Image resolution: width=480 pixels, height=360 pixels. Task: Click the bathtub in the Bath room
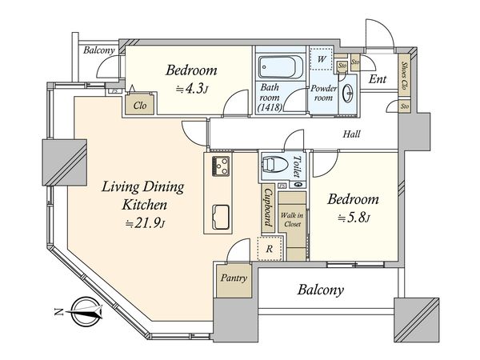click(x=281, y=67)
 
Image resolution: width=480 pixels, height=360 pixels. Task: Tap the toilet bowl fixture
click(x=274, y=164)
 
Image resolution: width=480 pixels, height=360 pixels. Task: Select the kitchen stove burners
click(x=221, y=166)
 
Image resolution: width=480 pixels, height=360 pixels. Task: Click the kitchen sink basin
click(x=221, y=217)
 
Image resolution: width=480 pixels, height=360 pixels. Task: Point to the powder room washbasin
click(x=348, y=93)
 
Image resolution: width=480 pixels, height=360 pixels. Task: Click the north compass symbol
click(x=83, y=312)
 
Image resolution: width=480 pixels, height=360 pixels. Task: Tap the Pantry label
click(x=234, y=278)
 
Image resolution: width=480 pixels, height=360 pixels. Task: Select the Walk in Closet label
click(x=292, y=219)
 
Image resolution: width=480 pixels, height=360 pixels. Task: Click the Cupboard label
click(x=269, y=207)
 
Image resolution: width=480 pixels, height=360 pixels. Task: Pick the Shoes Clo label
click(x=404, y=74)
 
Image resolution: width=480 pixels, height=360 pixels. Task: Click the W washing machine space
click(x=321, y=58)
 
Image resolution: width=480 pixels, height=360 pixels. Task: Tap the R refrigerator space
click(x=270, y=249)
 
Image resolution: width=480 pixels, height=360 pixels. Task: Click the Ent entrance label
click(x=378, y=79)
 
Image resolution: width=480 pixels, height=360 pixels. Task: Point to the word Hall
click(x=351, y=134)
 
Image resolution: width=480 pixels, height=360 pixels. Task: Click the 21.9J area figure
click(x=146, y=224)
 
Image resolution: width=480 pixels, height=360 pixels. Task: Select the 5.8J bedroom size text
click(x=354, y=218)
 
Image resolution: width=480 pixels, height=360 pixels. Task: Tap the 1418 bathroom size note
click(x=270, y=107)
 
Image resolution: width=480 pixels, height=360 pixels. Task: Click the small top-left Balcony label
click(x=99, y=50)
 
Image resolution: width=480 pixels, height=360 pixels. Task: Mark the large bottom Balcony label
click(x=321, y=290)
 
